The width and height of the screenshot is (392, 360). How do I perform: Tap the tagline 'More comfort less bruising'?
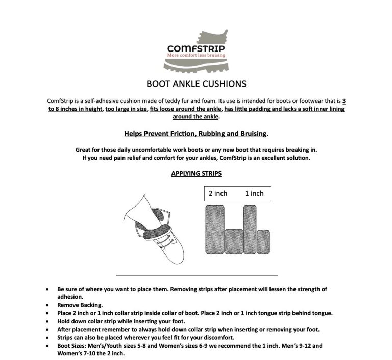coord(196,55)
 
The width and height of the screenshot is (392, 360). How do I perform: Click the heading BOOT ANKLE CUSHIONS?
coord(196,83)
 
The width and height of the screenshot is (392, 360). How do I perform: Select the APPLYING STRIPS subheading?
coord(196,173)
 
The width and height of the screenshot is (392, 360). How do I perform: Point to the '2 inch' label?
coord(218,193)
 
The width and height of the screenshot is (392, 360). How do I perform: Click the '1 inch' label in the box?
coord(254,193)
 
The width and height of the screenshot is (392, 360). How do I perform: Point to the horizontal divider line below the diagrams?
coord(197,275)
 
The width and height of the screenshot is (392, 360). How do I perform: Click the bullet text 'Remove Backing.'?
coord(80,304)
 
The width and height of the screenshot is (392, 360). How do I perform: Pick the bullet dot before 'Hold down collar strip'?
coord(47,322)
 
